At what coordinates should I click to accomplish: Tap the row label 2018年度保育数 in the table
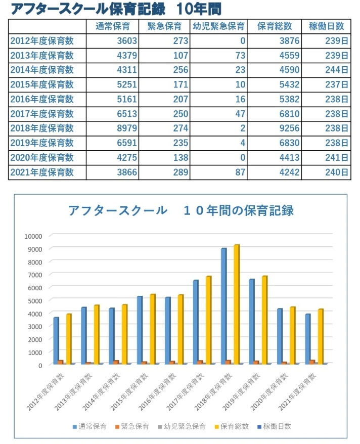click(x=41, y=128)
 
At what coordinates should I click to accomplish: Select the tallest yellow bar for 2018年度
click(x=236, y=303)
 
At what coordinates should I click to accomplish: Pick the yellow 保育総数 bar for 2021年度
click(x=321, y=336)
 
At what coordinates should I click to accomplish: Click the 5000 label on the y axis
click(x=35, y=300)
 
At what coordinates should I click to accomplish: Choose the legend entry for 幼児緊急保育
click(x=185, y=426)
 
